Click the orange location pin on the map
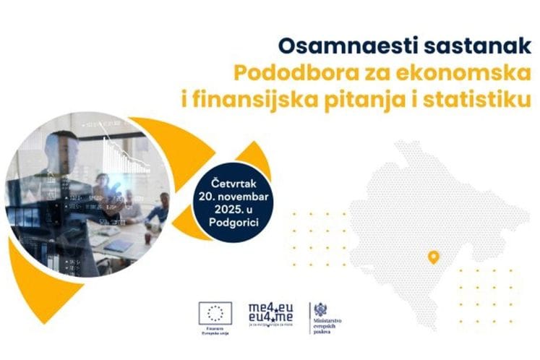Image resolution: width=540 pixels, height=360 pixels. (x=433, y=257)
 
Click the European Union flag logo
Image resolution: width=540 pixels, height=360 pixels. (x=215, y=312)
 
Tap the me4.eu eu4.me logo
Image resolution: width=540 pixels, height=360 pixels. (x=270, y=310)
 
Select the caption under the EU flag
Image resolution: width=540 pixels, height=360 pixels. (x=215, y=331)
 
